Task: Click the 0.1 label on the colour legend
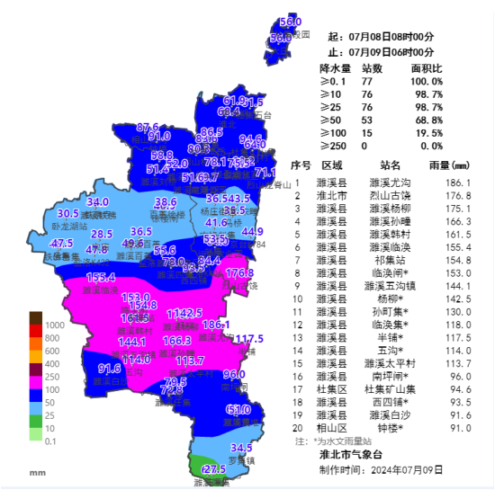52,441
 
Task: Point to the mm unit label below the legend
37,472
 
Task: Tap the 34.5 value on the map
241,448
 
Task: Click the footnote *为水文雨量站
346,441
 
